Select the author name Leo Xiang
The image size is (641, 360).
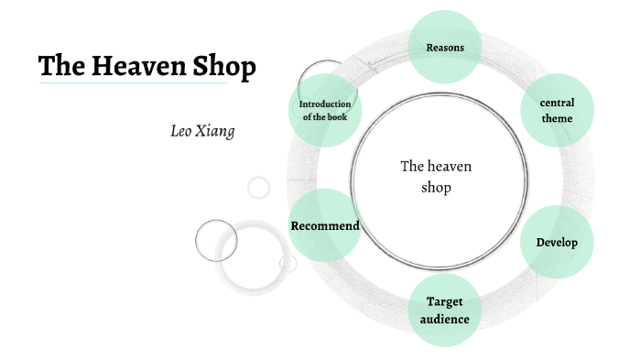203,130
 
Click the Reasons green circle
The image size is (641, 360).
445,46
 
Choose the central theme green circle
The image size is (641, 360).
557,111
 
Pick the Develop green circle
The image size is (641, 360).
557,242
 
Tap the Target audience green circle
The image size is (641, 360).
444,310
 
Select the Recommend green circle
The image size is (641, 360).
324,225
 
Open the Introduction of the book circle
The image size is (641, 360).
324,111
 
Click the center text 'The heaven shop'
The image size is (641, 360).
436,177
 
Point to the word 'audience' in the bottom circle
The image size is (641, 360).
444,319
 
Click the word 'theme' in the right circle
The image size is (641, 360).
557,118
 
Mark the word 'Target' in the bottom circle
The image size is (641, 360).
444,301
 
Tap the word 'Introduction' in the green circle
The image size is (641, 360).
325,104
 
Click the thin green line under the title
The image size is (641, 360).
133,83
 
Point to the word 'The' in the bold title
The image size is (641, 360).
60,67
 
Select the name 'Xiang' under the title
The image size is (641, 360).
218,130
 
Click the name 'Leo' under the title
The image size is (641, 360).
181,130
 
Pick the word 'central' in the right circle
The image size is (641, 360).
557,103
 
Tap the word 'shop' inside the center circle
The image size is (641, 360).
436,188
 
